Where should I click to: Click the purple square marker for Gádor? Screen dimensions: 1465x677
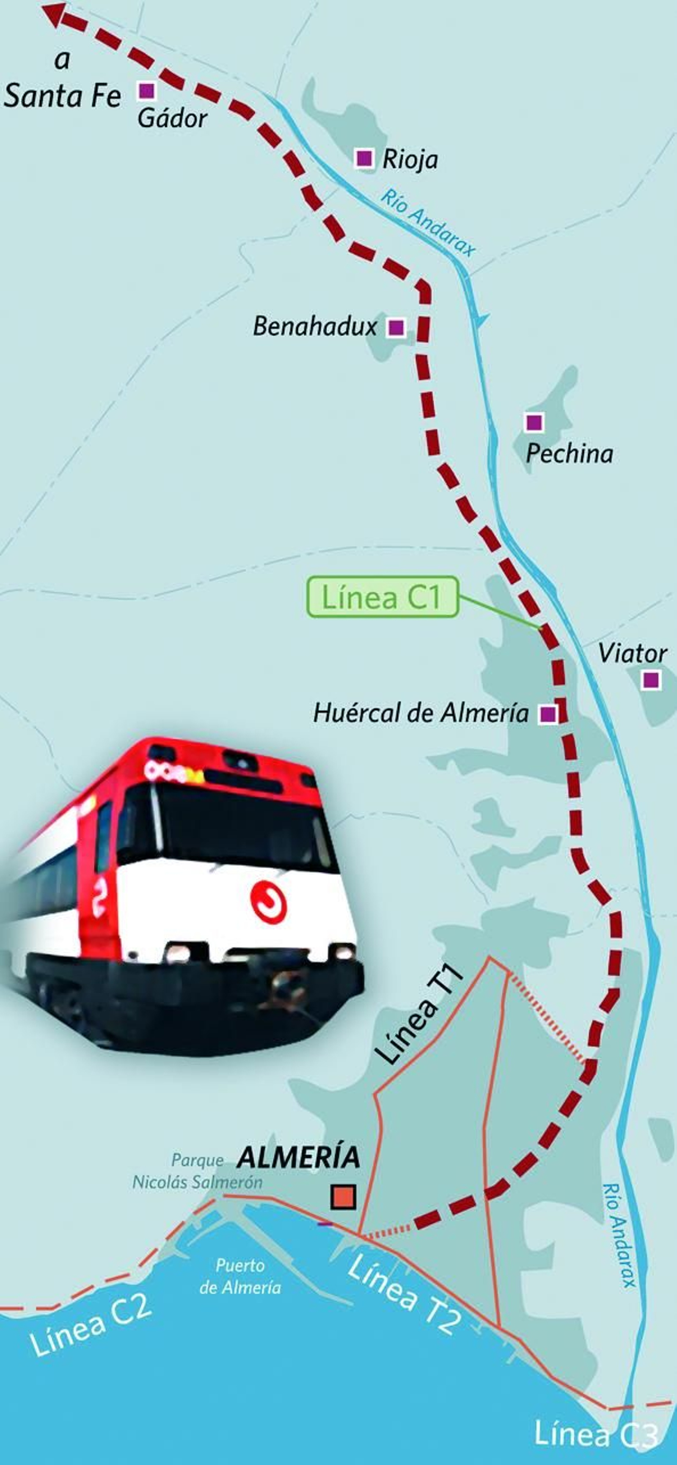coord(147,90)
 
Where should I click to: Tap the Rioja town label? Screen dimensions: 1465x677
coord(410,160)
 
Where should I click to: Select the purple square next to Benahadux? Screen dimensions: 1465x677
coord(396,327)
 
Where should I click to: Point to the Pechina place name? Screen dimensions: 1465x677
coord(570,454)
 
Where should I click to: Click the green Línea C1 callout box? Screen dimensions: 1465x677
coord(383,597)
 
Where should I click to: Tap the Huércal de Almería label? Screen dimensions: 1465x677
coord(421,713)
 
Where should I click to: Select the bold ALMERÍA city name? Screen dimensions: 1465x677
coord(299,1158)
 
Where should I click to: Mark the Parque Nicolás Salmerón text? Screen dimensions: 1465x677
coord(197,1172)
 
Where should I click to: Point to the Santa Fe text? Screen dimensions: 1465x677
coord(63,96)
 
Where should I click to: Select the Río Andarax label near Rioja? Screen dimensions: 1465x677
coord(427,223)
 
